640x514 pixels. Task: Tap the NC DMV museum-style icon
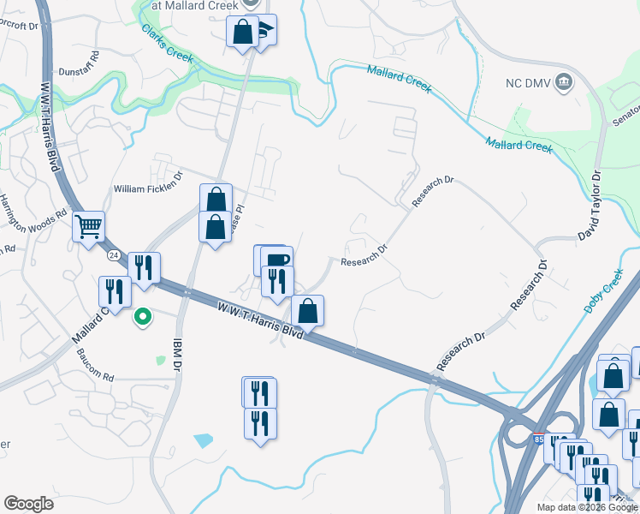(x=564, y=82)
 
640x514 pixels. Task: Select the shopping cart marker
(x=88, y=227)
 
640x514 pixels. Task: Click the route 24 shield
(x=114, y=255)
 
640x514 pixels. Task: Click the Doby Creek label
(x=604, y=291)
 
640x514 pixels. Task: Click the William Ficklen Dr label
(x=149, y=187)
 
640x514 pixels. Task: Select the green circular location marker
(x=143, y=318)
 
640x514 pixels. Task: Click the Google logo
(x=29, y=504)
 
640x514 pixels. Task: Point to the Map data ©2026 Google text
(x=586, y=507)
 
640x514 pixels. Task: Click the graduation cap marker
(x=263, y=31)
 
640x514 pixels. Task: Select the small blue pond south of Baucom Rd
(x=204, y=441)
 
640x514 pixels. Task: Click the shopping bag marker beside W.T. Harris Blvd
(x=307, y=310)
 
